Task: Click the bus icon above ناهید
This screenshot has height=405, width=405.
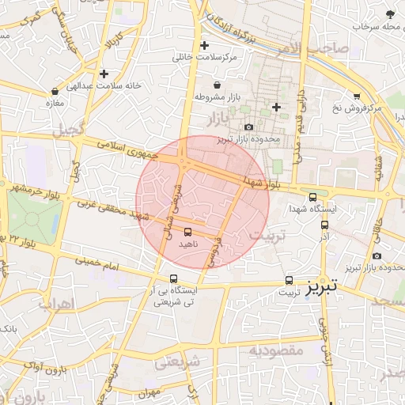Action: [187, 233]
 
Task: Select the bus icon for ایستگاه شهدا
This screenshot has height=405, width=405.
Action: [312, 198]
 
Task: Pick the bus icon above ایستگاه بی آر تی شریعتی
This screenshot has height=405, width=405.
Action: [174, 278]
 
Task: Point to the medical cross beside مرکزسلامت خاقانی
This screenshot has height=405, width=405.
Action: [205, 45]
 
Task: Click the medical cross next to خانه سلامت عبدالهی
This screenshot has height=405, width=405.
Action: [104, 74]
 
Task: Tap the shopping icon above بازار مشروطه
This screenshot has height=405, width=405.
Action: [218, 85]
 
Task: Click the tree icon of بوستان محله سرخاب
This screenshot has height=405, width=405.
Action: [389, 14]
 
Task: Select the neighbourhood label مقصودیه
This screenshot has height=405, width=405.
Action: [276, 350]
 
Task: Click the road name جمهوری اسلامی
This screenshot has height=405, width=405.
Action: [128, 150]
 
